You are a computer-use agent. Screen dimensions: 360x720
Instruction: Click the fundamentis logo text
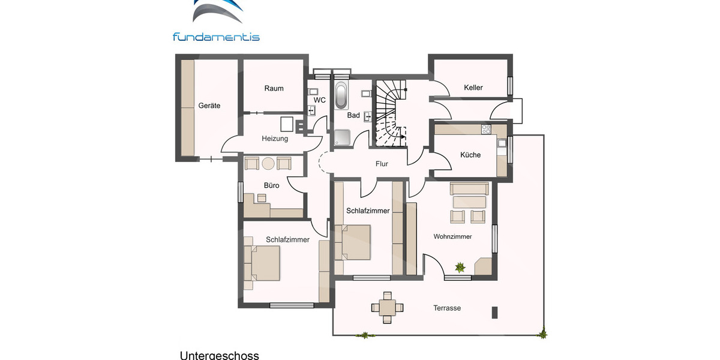point(216,37)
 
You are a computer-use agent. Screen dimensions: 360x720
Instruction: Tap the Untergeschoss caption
point(219,355)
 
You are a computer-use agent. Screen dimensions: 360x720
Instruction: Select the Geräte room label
point(209,106)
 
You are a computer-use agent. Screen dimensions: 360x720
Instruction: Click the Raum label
point(274,88)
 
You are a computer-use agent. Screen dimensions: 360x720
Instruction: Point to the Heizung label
point(275,139)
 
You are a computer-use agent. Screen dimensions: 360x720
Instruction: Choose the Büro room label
point(271,185)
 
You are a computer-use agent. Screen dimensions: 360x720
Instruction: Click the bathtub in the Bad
point(341,94)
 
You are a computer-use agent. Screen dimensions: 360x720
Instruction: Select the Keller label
point(473,88)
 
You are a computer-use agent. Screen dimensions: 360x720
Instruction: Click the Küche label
point(470,155)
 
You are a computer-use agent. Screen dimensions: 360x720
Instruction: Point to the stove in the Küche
point(485,128)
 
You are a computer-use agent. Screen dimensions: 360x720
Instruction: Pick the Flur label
point(382,163)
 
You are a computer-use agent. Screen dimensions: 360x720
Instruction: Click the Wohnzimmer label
point(452,236)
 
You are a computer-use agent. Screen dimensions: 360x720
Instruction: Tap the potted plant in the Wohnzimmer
point(460,268)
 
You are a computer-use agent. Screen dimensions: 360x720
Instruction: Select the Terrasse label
point(447,308)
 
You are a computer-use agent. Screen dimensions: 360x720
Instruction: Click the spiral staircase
point(389,114)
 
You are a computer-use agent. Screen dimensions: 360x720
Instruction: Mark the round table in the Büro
point(268,163)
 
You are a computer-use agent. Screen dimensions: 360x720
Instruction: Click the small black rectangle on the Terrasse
point(495,312)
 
